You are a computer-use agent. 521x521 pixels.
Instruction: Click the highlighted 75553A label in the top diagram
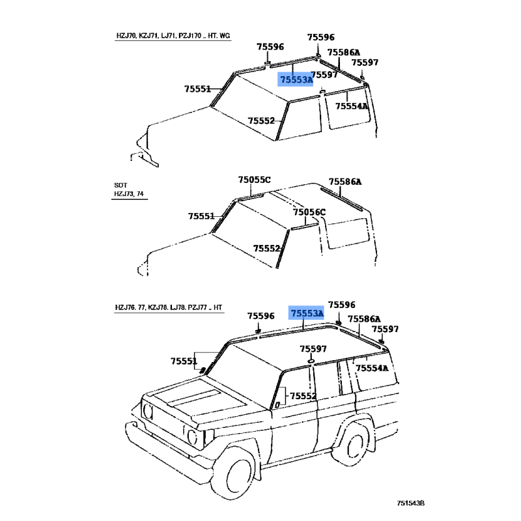(296, 79)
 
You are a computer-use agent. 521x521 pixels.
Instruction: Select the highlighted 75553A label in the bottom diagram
(307, 314)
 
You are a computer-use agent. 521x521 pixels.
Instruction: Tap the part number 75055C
(254, 180)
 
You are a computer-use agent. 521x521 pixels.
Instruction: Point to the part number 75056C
(309, 212)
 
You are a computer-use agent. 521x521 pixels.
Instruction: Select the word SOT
(120, 186)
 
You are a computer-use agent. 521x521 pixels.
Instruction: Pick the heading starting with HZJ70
(169, 36)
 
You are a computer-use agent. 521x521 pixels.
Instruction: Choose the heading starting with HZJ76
(169, 307)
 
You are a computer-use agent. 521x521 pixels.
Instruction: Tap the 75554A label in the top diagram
(352, 106)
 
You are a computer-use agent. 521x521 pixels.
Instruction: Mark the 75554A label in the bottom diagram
(372, 368)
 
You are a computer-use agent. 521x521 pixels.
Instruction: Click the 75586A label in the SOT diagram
(345, 182)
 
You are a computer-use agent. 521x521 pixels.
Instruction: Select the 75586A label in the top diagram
(343, 52)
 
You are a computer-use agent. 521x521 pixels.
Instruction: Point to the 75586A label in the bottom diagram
(364, 319)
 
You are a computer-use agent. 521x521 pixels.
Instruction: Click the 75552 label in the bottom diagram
(303, 396)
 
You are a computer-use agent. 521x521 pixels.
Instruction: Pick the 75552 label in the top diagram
(261, 120)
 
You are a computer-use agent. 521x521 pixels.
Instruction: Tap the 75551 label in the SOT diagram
(202, 216)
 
